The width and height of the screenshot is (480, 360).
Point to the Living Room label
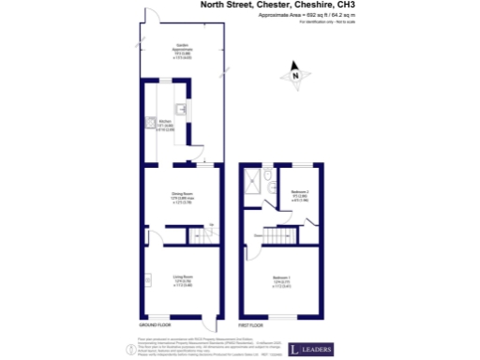[x=182, y=279]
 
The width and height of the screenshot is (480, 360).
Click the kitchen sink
[x=181, y=110]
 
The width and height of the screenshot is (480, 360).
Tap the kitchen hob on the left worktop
[x=148, y=124]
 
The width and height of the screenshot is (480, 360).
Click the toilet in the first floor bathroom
[x=271, y=189]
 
